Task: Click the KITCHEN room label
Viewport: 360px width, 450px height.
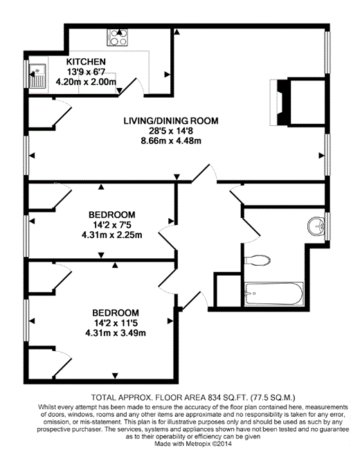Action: pos(86,62)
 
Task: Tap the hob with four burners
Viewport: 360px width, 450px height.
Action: pos(118,37)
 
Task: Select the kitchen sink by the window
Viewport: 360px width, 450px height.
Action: pos(37,75)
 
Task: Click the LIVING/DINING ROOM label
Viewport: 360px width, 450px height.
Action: pos(171,121)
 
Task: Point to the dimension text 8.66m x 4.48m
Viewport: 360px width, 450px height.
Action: pos(171,141)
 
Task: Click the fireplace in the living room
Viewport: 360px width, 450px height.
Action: pos(279,102)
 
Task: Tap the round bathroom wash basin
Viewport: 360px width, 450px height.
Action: pos(316,226)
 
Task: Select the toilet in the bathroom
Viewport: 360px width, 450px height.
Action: pos(258,260)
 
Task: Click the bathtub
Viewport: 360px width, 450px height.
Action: pos(273,294)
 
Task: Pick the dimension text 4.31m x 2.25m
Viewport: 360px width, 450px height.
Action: pos(112,235)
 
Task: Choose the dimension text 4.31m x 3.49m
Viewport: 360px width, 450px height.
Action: pos(116,333)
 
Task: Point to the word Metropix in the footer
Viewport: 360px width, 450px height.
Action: pos(197,444)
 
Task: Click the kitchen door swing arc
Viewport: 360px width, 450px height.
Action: pos(140,85)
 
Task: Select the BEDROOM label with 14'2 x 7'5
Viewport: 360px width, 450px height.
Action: pos(112,215)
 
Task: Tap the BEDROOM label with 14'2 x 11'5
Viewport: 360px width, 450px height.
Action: pos(116,312)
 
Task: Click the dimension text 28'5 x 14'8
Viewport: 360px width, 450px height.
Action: pos(171,131)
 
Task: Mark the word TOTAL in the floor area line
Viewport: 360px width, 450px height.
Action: pos(101,398)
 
